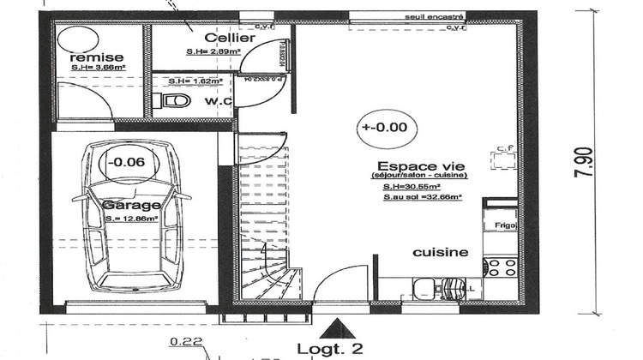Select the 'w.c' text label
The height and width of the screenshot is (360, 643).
[218, 101]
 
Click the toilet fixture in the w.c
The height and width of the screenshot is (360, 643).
[174, 101]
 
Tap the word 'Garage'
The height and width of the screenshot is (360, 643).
[131, 206]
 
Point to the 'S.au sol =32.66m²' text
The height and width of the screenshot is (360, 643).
[423, 196]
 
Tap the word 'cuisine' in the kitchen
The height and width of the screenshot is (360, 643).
[441, 252]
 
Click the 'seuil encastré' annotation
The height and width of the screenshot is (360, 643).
[436, 15]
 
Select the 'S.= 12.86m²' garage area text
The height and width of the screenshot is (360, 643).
[132, 219]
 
